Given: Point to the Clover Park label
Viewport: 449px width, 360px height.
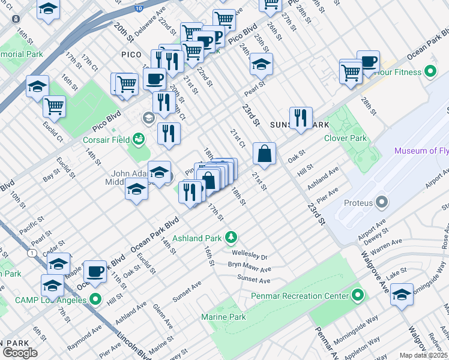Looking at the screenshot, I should pos(345,138).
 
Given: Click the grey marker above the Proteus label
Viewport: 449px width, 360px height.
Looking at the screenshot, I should pos(382,202).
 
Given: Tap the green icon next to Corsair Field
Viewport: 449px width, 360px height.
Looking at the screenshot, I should pos(139,139).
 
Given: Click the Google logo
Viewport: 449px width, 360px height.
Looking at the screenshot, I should pos(20,352).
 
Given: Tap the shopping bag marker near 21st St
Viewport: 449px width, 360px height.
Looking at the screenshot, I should pos(264,154).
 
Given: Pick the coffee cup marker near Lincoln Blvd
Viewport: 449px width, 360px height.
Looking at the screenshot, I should pos(95,272).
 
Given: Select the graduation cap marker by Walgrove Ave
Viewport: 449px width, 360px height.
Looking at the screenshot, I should pos(402,295).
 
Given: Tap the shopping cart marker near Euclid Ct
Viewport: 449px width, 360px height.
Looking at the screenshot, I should pos(54,107).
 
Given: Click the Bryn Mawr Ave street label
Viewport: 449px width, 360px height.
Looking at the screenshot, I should pos(249,267).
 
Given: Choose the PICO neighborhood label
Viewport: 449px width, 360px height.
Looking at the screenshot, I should pos(131,55).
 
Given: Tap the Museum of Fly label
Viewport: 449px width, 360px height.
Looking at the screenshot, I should pos(421,151).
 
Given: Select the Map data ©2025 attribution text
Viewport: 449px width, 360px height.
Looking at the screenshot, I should pos(423,355).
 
